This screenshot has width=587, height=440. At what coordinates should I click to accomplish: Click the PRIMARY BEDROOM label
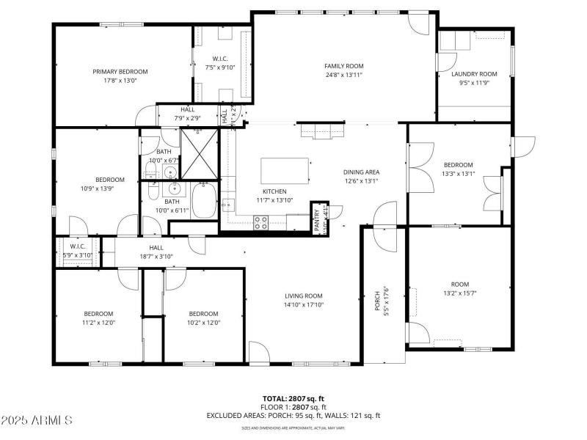tap(120, 72)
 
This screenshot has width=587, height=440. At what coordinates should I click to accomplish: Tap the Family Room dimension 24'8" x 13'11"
tap(344, 76)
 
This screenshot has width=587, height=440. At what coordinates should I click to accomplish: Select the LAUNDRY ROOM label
tap(474, 74)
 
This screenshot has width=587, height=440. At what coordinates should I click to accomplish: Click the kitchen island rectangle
tap(287, 171)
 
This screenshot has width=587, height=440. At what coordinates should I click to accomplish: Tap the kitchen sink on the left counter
tap(228, 205)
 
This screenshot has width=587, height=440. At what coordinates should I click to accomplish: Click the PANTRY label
tap(317, 219)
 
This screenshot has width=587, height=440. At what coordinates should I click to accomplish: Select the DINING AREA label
tap(361, 172)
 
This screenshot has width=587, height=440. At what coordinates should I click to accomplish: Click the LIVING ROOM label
tap(304, 296)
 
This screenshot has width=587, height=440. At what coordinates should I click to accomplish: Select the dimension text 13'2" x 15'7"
tap(459, 293)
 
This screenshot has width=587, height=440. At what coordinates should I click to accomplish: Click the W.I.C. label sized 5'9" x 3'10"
tap(78, 255)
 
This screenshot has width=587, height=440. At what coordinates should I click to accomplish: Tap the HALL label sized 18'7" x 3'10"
tap(156, 257)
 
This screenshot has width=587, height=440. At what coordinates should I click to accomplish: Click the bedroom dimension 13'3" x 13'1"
tap(459, 174)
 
